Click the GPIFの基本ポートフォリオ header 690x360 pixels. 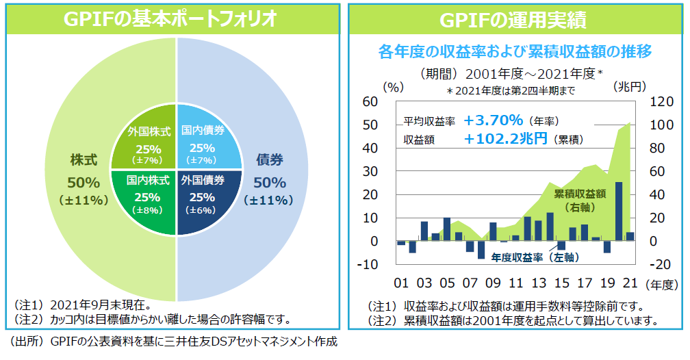[171, 19]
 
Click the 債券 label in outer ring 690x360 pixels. [269, 160]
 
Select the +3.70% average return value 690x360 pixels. [493, 120]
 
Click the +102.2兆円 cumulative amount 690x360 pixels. [505, 139]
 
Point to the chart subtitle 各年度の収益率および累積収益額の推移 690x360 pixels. [514, 51]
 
